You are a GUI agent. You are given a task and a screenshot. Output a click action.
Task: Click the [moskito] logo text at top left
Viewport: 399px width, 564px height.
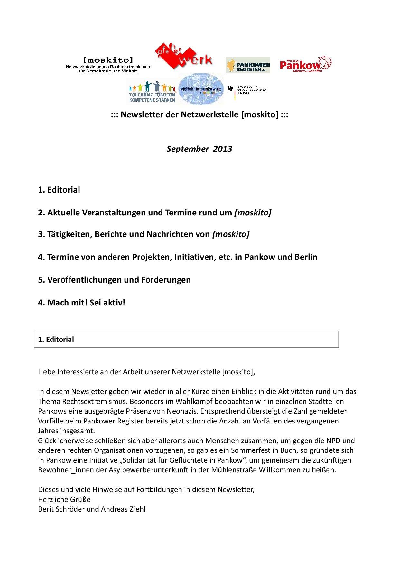pos(108,60)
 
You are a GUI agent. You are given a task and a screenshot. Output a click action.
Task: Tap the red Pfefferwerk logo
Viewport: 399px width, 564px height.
pos(183,58)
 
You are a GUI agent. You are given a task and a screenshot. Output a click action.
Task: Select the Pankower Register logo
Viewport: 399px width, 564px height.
pos(248,65)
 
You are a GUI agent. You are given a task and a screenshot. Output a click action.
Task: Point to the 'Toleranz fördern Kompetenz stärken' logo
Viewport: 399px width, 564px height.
pos(152,92)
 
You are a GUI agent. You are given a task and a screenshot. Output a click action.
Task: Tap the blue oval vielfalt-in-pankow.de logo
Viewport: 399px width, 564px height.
pos(201,89)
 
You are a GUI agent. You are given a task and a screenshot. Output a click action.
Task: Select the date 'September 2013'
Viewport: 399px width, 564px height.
pos(199,149)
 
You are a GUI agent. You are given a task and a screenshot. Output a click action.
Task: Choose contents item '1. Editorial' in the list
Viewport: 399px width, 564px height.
pos(59,190)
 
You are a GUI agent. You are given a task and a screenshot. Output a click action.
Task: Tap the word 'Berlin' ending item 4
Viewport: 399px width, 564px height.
pos(305,257)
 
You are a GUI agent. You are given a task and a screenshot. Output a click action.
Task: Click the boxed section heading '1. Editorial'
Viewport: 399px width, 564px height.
pos(56,339)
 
